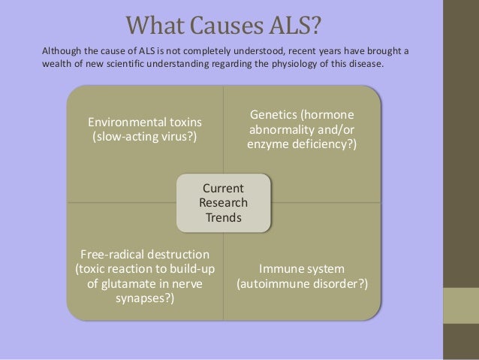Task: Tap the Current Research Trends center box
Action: point(223,203)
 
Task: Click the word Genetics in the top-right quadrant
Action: point(274,114)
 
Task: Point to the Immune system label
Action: point(301,270)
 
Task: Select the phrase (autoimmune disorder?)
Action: point(302,285)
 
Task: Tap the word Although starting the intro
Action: point(63,50)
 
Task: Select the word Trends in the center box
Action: point(223,218)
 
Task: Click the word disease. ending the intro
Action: point(365,65)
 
